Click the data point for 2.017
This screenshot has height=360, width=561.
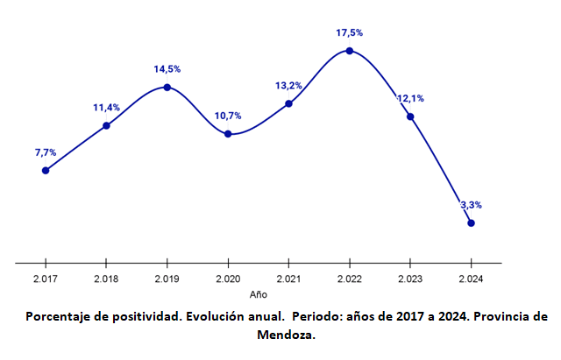(x=46, y=170)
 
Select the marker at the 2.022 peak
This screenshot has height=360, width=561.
(x=350, y=51)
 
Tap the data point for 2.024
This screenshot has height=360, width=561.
(x=472, y=223)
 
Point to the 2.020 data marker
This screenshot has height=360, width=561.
(x=228, y=134)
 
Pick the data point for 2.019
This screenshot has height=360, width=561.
(x=167, y=87)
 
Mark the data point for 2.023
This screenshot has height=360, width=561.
(x=410, y=116)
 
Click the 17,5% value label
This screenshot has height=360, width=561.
(x=349, y=32)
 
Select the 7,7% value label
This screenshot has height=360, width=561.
(x=46, y=152)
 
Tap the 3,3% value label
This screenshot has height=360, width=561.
(x=471, y=205)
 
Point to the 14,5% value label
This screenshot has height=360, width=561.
(x=167, y=68)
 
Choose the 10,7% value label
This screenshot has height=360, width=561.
(x=228, y=116)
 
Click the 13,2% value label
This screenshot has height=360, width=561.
(x=288, y=86)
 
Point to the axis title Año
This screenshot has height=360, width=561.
(x=258, y=294)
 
